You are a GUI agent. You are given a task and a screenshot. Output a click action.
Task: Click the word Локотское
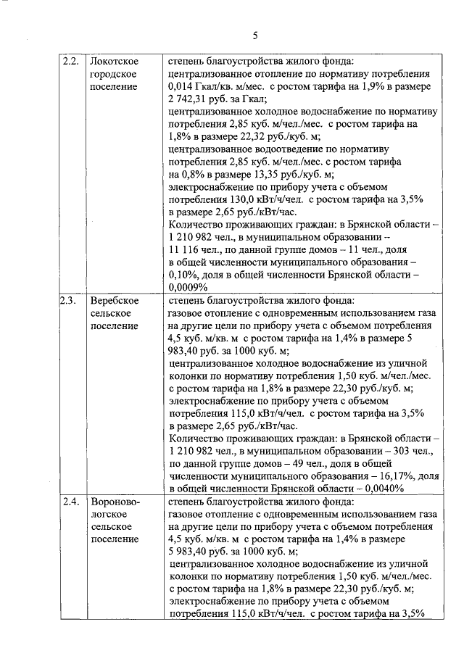114,61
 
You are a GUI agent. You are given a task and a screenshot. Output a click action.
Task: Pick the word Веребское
114,299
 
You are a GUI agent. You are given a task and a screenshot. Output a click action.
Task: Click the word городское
112,74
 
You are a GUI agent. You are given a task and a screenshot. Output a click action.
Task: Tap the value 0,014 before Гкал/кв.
181,87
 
